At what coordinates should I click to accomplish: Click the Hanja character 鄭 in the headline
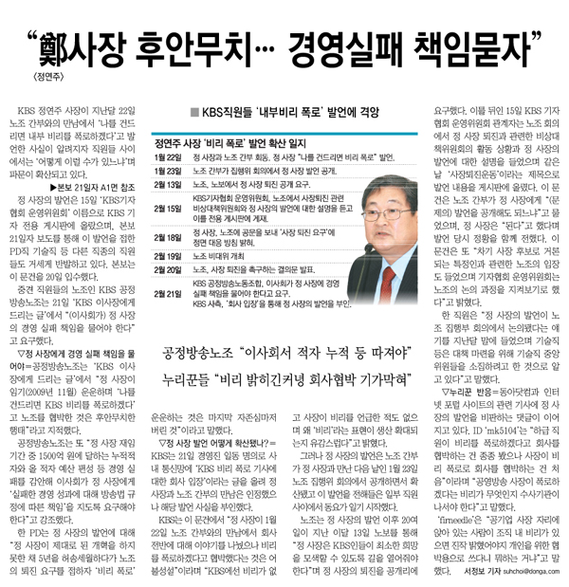click(x=67, y=45)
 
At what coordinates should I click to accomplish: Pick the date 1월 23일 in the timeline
click(x=168, y=172)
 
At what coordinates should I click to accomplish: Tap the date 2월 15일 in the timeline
click(x=168, y=209)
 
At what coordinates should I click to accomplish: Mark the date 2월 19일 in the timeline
click(x=168, y=256)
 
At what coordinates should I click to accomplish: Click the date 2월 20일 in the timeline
click(x=168, y=269)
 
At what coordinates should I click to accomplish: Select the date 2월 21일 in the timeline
click(x=168, y=294)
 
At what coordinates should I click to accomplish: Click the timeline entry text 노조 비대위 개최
click(x=223, y=256)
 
